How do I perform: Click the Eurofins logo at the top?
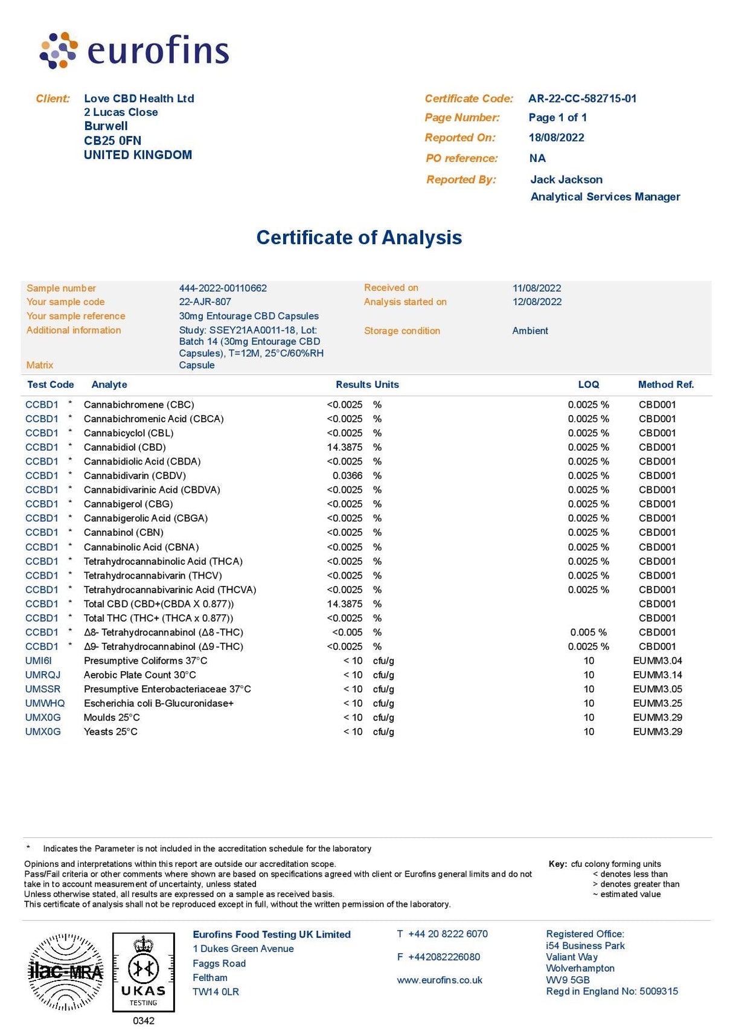(134, 50)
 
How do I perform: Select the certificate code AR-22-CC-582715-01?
(582, 98)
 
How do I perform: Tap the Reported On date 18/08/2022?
(556, 138)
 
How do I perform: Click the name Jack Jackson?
(566, 179)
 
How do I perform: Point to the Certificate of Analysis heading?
(359, 237)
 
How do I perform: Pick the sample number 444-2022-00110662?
(223, 288)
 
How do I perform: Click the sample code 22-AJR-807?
(205, 301)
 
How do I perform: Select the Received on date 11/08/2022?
(537, 288)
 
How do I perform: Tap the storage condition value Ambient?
(530, 330)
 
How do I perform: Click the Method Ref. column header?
(665, 385)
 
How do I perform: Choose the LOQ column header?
(588, 385)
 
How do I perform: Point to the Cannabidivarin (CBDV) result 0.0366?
(347, 475)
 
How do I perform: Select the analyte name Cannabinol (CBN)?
(124, 532)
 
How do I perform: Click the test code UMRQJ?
(43, 675)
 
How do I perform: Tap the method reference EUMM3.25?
(658, 703)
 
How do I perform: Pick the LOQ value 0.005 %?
(588, 632)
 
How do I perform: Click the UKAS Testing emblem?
(143, 972)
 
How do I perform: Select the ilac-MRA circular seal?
(66, 972)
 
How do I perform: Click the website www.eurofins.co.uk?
(440, 980)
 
